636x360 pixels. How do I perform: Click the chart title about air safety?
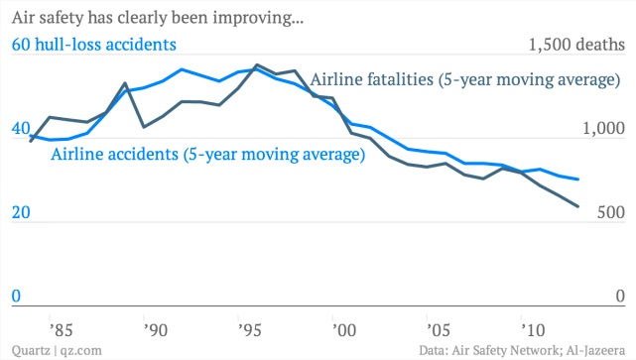[x=158, y=18]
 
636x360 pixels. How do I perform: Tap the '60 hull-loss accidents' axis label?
[x=93, y=45]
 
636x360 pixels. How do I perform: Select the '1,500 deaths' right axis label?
[x=576, y=45]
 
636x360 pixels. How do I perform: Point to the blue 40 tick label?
[x=21, y=128]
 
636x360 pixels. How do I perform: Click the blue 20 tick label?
[x=21, y=212]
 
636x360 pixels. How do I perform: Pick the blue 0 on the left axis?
[x=16, y=296]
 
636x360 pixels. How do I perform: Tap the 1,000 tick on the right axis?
[x=603, y=128]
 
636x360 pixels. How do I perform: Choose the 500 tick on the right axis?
[x=611, y=212]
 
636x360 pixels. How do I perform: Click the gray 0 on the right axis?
[x=620, y=296]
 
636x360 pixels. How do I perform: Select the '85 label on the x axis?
[x=61, y=330]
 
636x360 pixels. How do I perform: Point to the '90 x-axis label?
[x=156, y=330]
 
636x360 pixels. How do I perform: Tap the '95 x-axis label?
[x=249, y=330]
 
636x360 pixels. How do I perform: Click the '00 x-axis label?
[x=344, y=330]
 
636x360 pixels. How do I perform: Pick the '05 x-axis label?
[x=439, y=330]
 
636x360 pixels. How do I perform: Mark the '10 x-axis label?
[x=533, y=330]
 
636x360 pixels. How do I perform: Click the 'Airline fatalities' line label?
[x=465, y=79]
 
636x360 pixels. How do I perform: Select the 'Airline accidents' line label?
[x=207, y=154]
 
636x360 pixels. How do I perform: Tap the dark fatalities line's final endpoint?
[x=577, y=206]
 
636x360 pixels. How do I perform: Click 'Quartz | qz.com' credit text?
[x=57, y=350]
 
